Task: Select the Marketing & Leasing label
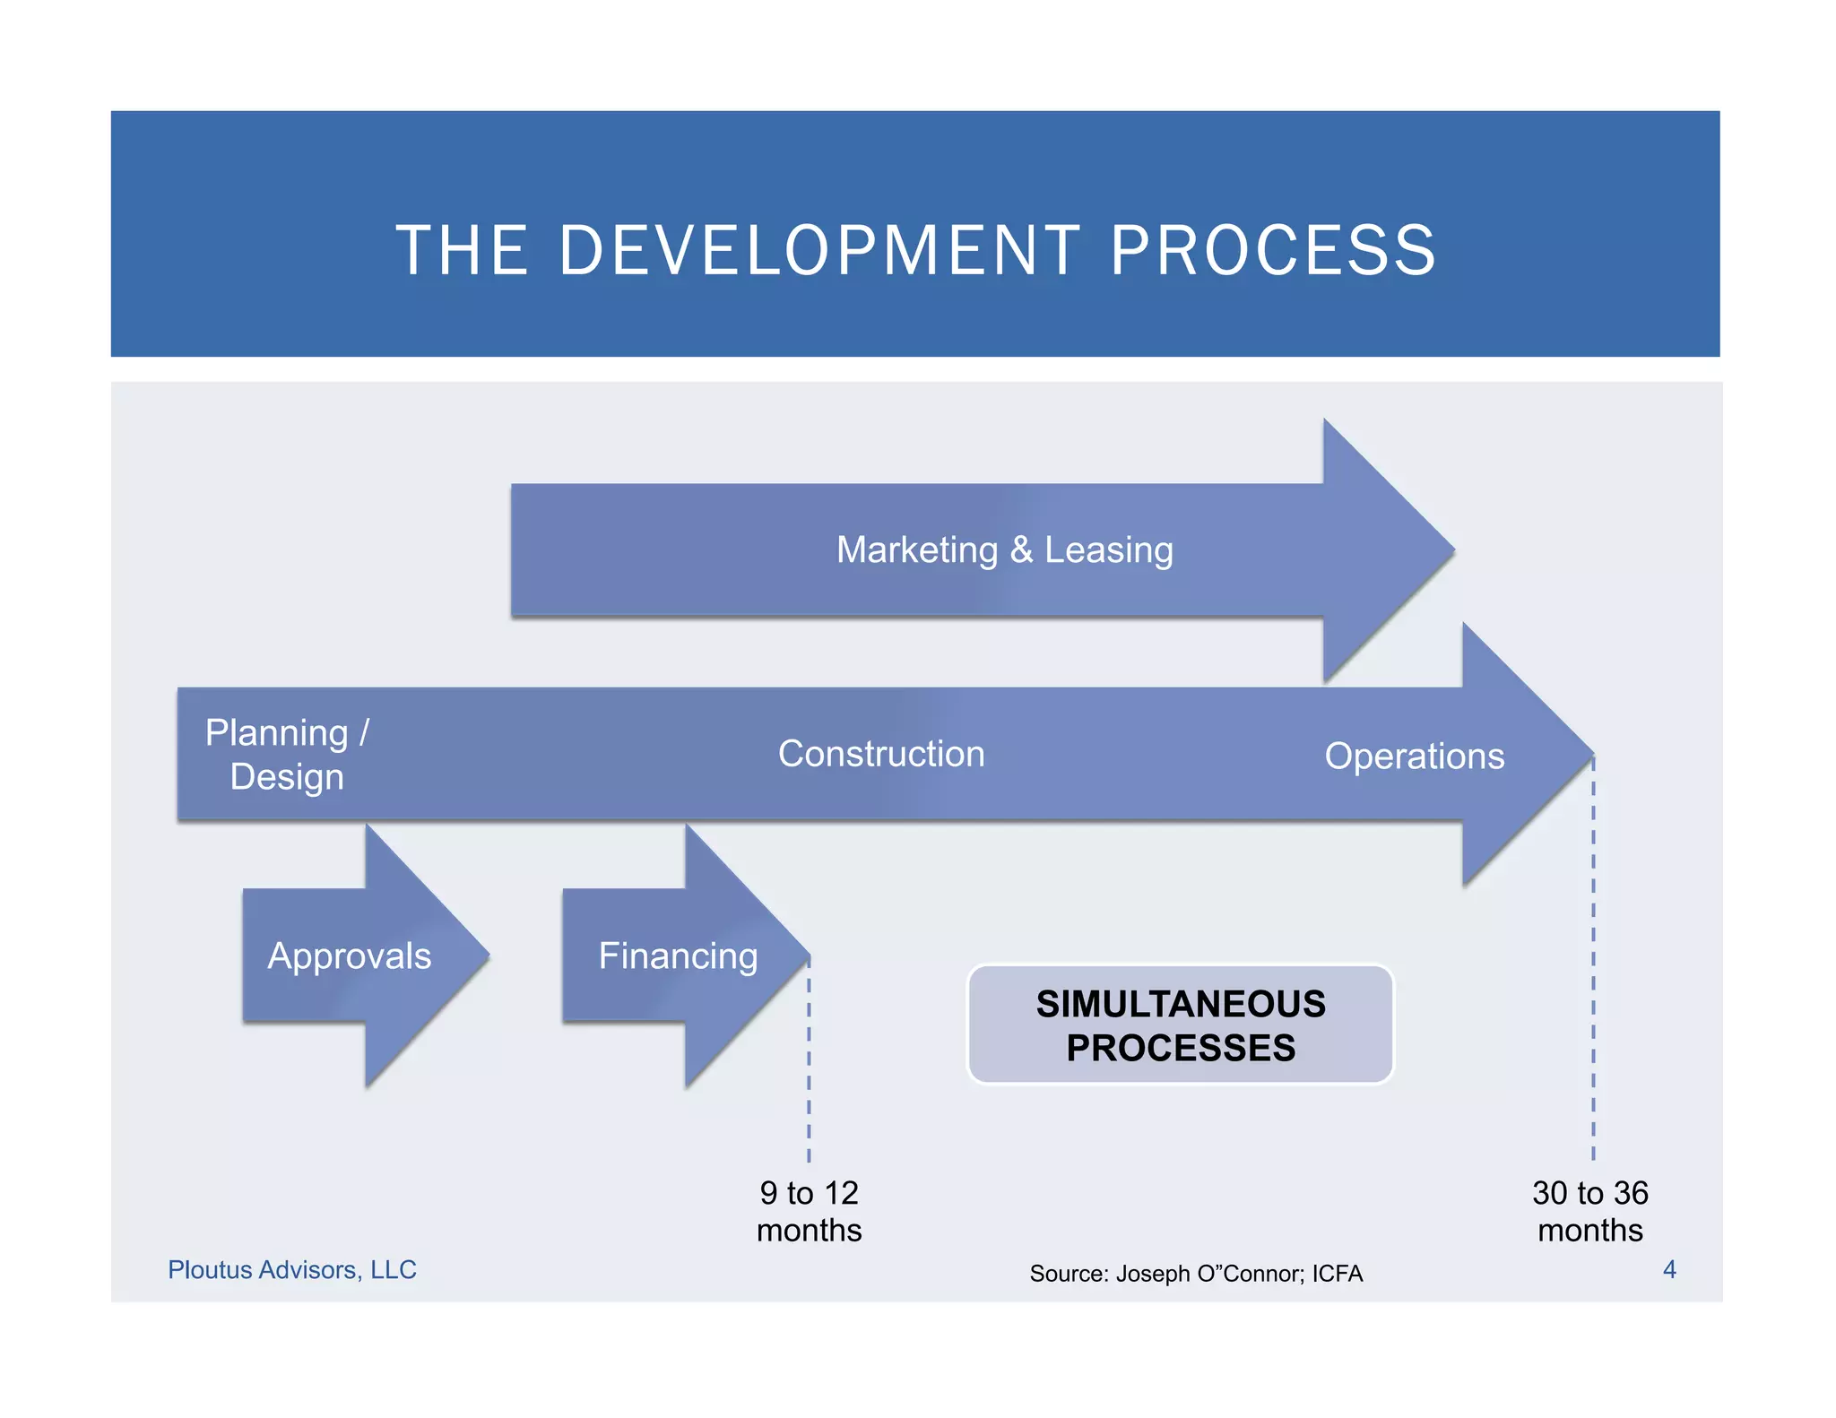point(1004,549)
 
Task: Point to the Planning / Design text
point(287,755)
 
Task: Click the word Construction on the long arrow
point(881,754)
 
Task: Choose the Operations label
point(1414,756)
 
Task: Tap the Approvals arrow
point(350,955)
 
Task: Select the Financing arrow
point(678,955)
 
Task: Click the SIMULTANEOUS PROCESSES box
point(1180,1025)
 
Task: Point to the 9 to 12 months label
point(809,1211)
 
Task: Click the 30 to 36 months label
point(1589,1211)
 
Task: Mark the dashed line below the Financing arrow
point(809,1067)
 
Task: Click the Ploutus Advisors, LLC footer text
point(292,1269)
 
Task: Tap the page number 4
point(1669,1269)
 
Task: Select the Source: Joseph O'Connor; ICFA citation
point(1195,1273)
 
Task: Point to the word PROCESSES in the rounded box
point(1180,1048)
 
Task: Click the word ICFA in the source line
point(1337,1273)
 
